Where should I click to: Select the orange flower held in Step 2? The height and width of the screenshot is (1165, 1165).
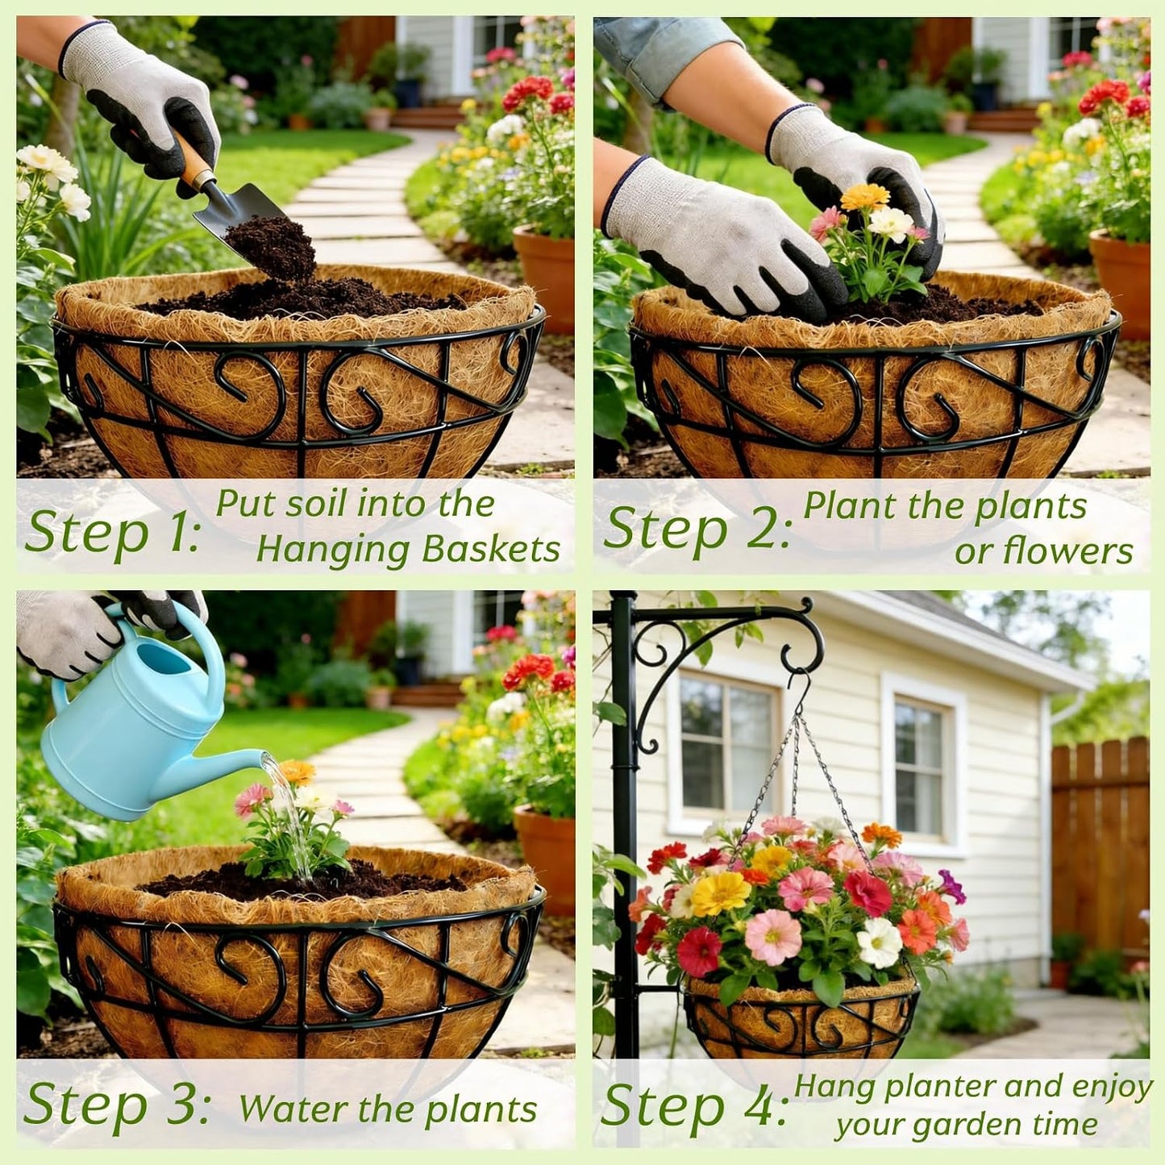click(865, 196)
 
